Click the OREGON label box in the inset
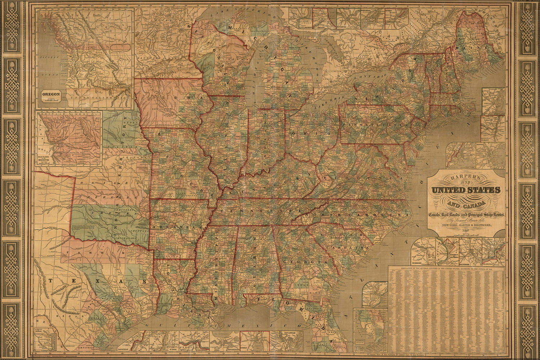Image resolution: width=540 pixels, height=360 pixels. pos(50,96)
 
